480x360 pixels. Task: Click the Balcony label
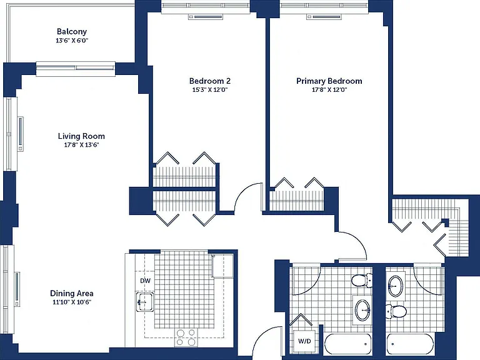tap(72, 31)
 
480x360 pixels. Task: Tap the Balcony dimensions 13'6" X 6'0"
tap(72, 41)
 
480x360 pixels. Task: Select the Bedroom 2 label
tap(210, 81)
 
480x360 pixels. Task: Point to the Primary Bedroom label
tap(329, 81)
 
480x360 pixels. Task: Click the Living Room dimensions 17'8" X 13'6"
tap(81, 145)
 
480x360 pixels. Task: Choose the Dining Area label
tap(72, 293)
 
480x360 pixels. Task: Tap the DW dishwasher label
tap(145, 281)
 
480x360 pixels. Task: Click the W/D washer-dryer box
tap(304, 341)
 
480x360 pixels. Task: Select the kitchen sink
tap(145, 302)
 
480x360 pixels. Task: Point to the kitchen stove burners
tap(186, 337)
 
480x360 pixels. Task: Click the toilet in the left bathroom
tap(362, 281)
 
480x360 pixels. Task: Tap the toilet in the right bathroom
tap(396, 311)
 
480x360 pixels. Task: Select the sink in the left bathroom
tap(362, 310)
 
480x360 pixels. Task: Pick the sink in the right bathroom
tap(395, 286)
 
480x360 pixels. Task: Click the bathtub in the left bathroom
tap(347, 344)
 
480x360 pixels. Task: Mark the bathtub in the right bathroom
tap(410, 344)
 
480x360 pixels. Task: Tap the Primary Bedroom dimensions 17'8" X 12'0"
tap(329, 90)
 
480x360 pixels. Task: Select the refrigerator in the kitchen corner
tap(222, 266)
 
